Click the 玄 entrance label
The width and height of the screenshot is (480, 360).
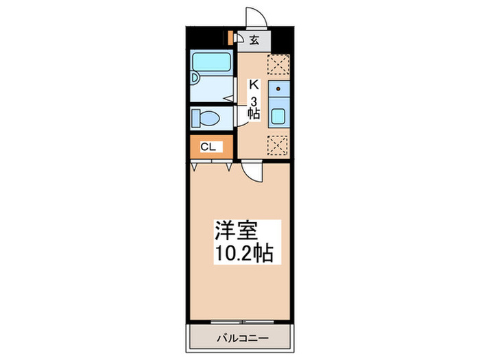[x=254, y=40]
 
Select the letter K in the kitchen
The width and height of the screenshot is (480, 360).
[x=253, y=86]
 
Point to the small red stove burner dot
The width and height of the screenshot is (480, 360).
[x=280, y=88]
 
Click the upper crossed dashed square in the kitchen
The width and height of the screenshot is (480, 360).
[x=278, y=64]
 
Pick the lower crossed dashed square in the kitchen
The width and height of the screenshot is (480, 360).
[x=278, y=145]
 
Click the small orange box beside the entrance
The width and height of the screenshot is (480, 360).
[x=230, y=38]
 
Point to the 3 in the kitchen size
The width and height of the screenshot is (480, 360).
[x=254, y=101]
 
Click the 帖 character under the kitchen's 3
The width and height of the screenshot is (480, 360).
[x=254, y=114]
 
